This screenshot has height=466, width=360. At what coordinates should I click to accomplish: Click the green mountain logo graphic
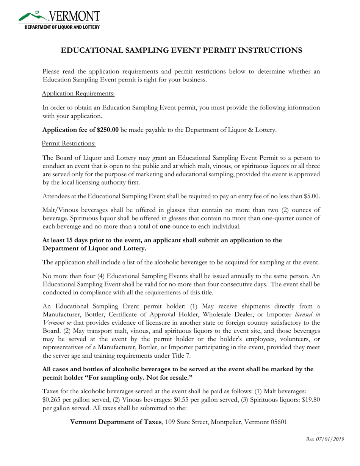click(33, 16)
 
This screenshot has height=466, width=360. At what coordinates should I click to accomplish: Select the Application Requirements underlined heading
click(78, 93)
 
